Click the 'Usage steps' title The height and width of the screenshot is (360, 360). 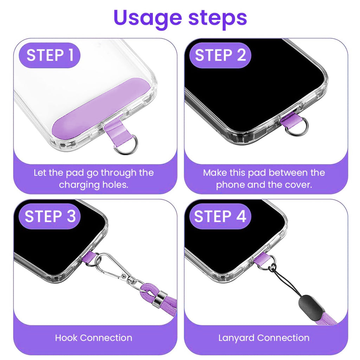180,18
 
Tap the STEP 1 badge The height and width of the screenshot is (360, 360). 50,56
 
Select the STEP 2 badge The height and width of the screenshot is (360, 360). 220,56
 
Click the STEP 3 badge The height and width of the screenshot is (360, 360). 50,216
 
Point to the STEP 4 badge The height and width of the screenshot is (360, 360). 220,216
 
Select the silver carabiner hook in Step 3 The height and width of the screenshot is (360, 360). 112,268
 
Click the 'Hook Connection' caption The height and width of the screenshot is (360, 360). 94,338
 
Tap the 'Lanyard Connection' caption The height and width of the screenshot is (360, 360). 264,338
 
